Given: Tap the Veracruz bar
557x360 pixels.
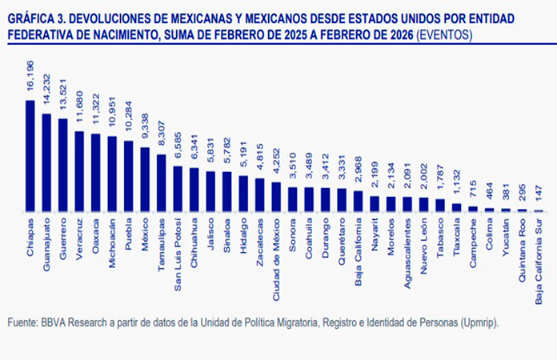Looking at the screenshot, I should click(x=79, y=172).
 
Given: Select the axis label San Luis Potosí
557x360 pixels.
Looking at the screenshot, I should click(x=178, y=245).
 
